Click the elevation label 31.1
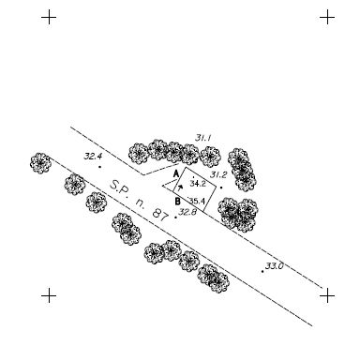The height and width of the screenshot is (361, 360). [203, 139]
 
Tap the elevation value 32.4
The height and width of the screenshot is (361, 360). [93, 157]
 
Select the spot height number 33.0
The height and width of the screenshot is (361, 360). [274, 266]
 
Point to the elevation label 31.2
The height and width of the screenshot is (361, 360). [217, 174]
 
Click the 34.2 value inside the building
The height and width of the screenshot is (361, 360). [197, 185]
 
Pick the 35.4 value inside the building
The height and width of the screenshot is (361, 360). [197, 201]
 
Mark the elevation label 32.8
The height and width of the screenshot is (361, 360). [187, 212]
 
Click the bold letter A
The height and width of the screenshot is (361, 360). [175, 173]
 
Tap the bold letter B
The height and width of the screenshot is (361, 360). [177, 200]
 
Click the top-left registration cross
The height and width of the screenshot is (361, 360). [49, 17]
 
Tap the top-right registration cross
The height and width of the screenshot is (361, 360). [327, 17]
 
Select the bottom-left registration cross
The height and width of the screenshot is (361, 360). [49, 295]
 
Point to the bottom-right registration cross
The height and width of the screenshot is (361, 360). [327, 295]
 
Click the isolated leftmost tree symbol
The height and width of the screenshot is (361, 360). [39, 163]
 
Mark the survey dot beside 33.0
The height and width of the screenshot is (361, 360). [262, 271]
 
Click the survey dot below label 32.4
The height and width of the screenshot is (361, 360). [100, 167]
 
